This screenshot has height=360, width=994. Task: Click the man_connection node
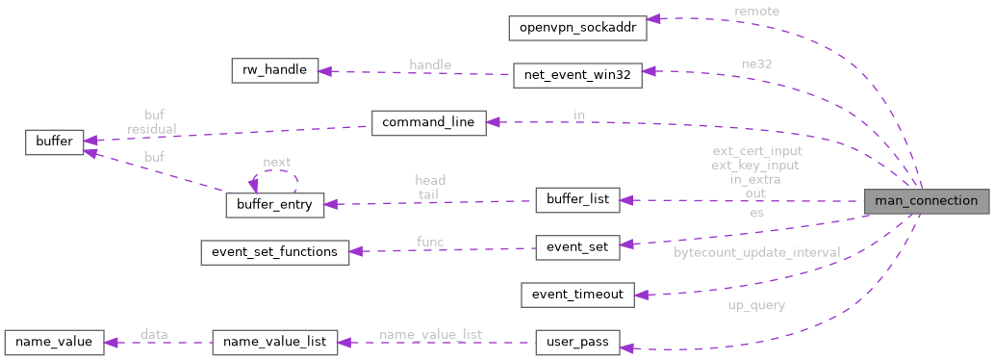926,201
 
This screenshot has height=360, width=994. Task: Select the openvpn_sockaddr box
577,27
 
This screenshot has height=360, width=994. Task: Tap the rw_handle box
274,71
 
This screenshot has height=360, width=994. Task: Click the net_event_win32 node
576,75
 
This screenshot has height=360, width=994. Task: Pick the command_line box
428,123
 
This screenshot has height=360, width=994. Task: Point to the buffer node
54,141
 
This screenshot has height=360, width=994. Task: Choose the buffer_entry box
274,205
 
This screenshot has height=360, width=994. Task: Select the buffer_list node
576,200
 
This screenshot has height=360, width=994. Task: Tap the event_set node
576,247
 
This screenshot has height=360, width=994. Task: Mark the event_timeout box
576,295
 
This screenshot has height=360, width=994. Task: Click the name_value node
54,342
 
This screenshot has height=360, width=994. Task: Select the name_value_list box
274,342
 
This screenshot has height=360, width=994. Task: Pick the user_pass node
576,342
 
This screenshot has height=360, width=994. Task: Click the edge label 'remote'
756,11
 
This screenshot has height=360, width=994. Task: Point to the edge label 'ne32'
756,63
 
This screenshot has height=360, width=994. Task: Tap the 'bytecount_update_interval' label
756,252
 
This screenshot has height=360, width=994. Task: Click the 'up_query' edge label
756,305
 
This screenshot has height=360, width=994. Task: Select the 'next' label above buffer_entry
277,162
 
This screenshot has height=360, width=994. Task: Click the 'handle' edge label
429,64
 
